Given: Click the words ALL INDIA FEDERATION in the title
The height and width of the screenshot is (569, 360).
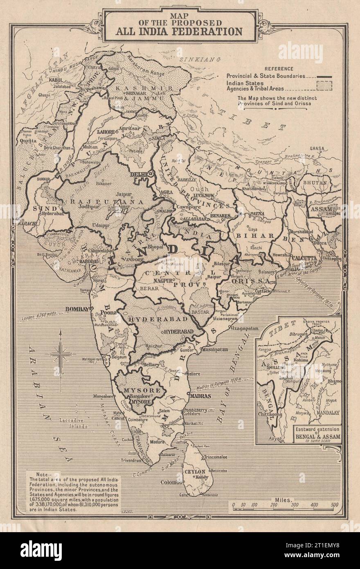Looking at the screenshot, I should click(180, 31).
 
